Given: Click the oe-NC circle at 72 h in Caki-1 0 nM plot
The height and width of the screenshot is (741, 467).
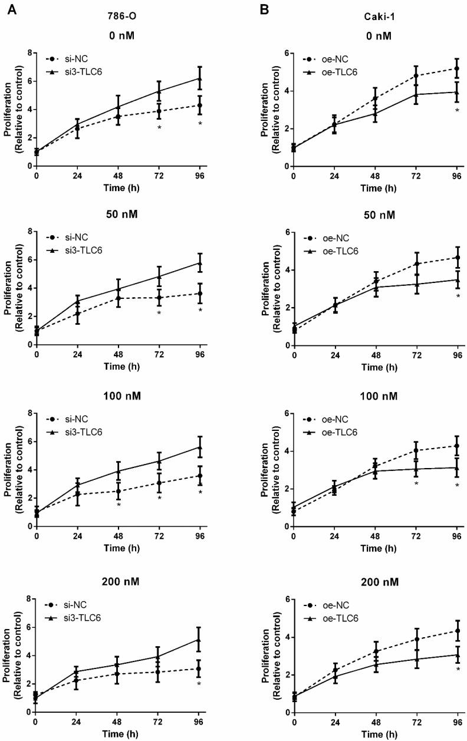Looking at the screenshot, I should [416, 75].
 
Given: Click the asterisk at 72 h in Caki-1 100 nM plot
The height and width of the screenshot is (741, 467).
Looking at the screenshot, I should [416, 483].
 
